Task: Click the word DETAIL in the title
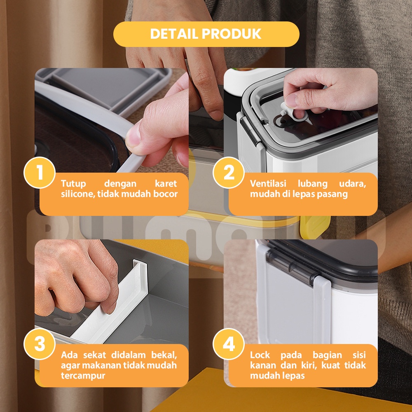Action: tap(174, 34)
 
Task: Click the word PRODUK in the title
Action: tap(232, 34)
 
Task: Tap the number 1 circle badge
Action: tap(40, 173)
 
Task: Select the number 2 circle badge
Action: tap(229, 173)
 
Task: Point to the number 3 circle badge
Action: tap(40, 344)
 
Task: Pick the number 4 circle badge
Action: tap(229, 344)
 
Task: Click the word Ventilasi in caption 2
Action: tap(268, 183)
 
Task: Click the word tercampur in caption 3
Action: tap(83, 376)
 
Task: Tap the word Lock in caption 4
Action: tap(260, 355)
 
